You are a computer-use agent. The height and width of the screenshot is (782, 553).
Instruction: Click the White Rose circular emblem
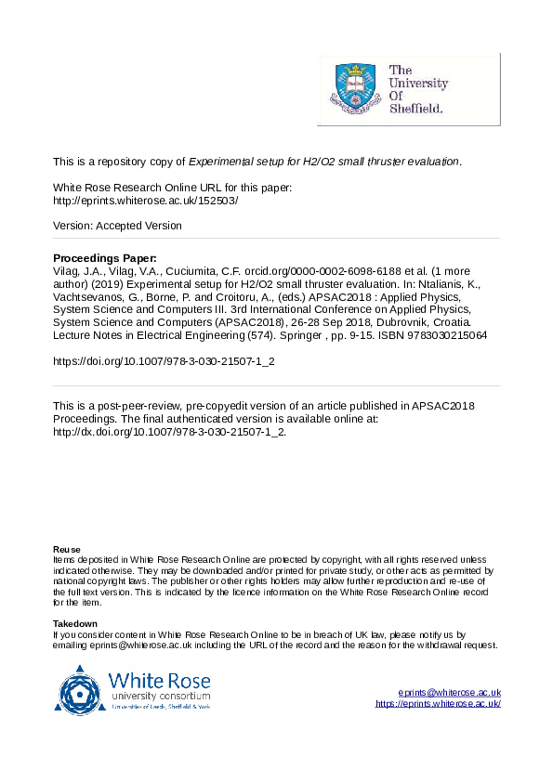click(83, 691)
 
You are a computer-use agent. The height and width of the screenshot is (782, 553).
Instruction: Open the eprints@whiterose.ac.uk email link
click(449, 692)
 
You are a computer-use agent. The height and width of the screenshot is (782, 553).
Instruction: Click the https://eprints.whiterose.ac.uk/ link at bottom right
click(438, 703)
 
